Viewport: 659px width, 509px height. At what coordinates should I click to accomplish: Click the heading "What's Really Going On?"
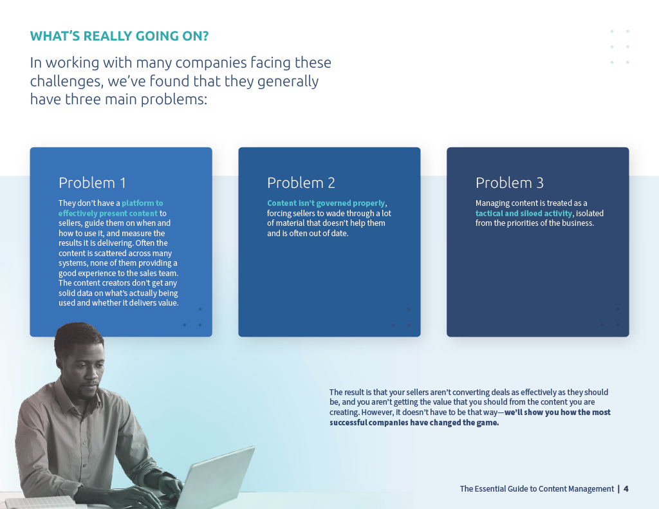pos(119,36)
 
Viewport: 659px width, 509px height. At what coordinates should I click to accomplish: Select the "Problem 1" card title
pos(92,183)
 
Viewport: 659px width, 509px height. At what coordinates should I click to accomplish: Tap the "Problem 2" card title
pos(301,183)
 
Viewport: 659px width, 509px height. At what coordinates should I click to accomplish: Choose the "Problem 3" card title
pos(510,183)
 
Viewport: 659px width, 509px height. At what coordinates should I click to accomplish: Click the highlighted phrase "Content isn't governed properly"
pos(326,203)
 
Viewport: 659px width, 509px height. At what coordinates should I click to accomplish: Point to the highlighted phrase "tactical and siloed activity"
pos(524,213)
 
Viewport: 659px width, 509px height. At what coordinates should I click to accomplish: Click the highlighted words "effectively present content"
pos(108,214)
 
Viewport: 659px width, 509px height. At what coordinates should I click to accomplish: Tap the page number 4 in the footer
pos(626,489)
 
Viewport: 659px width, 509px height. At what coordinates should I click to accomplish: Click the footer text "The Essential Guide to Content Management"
pos(537,489)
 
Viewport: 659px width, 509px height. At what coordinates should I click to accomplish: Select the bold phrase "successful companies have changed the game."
pos(414,422)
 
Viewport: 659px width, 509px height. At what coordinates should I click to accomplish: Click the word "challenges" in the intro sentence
pos(65,81)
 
